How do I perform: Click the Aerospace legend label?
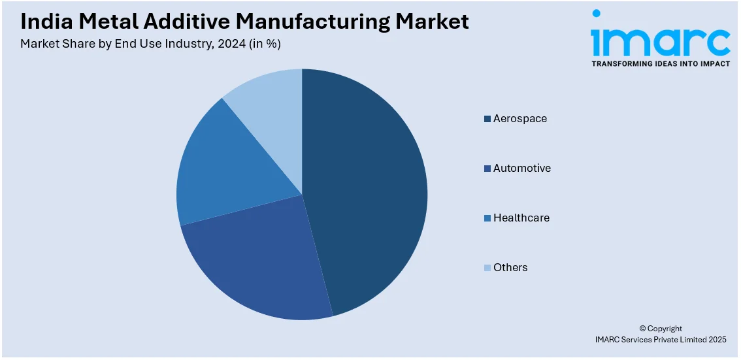(x=519, y=119)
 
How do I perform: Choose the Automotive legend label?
(x=521, y=169)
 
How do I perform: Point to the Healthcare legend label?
(x=521, y=218)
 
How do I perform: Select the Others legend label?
(x=510, y=268)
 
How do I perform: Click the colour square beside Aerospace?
(x=487, y=119)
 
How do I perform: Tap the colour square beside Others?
(x=487, y=268)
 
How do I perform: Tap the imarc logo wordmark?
(x=660, y=42)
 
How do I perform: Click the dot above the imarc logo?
(x=596, y=14)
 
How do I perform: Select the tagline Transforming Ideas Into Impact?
(x=660, y=64)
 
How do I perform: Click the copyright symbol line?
(x=660, y=329)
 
